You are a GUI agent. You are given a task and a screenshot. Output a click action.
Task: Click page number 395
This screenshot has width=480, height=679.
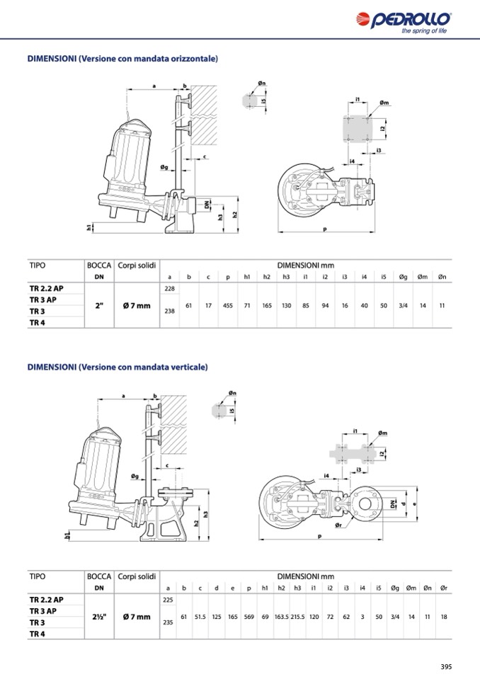[x=446, y=666]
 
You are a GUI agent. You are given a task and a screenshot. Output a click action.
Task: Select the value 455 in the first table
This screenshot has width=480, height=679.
[x=228, y=306]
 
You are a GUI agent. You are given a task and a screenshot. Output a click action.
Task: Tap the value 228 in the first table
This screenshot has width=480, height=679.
[x=170, y=288]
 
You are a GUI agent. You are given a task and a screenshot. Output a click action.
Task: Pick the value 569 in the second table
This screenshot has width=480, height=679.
[x=249, y=617]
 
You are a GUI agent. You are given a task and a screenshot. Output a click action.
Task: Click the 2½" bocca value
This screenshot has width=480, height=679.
[x=99, y=617]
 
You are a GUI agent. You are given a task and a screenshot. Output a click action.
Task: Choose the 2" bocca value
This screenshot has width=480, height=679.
[x=99, y=306]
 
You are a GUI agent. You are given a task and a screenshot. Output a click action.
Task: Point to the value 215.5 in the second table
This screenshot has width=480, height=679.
[x=297, y=617]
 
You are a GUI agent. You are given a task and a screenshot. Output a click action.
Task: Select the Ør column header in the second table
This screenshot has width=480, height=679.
[x=444, y=588]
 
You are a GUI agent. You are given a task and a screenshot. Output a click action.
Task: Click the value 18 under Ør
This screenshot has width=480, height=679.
[x=444, y=617]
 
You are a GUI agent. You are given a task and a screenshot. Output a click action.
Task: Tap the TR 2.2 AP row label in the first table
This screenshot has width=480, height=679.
[x=46, y=288]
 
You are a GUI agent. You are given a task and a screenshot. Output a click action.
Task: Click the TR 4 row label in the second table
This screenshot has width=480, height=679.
[x=38, y=634]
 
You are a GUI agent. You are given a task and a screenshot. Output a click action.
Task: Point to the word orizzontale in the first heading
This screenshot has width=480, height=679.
[x=195, y=59]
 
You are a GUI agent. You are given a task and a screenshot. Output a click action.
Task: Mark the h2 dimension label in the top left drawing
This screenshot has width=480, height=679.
[x=234, y=215]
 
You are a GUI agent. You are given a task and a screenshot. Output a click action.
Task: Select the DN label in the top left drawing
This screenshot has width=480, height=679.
[x=207, y=205]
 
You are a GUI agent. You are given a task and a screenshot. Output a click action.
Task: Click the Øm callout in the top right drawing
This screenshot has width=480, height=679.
[x=384, y=103]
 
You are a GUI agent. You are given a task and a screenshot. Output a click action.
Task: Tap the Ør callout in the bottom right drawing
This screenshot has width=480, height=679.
[x=338, y=525]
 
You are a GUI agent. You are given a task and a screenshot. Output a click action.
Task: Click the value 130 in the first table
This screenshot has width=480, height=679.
[x=286, y=306]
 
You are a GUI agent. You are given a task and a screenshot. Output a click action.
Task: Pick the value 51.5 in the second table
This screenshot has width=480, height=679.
[x=200, y=617]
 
